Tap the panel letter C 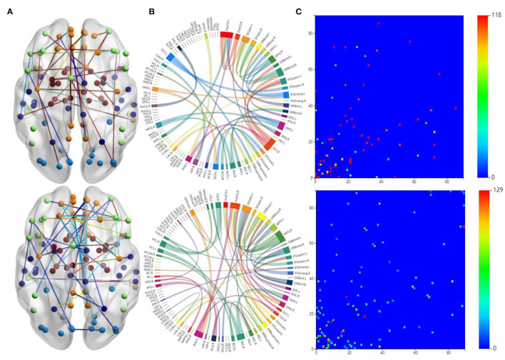tap(299, 10)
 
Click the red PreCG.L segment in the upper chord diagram tap(227, 34)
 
